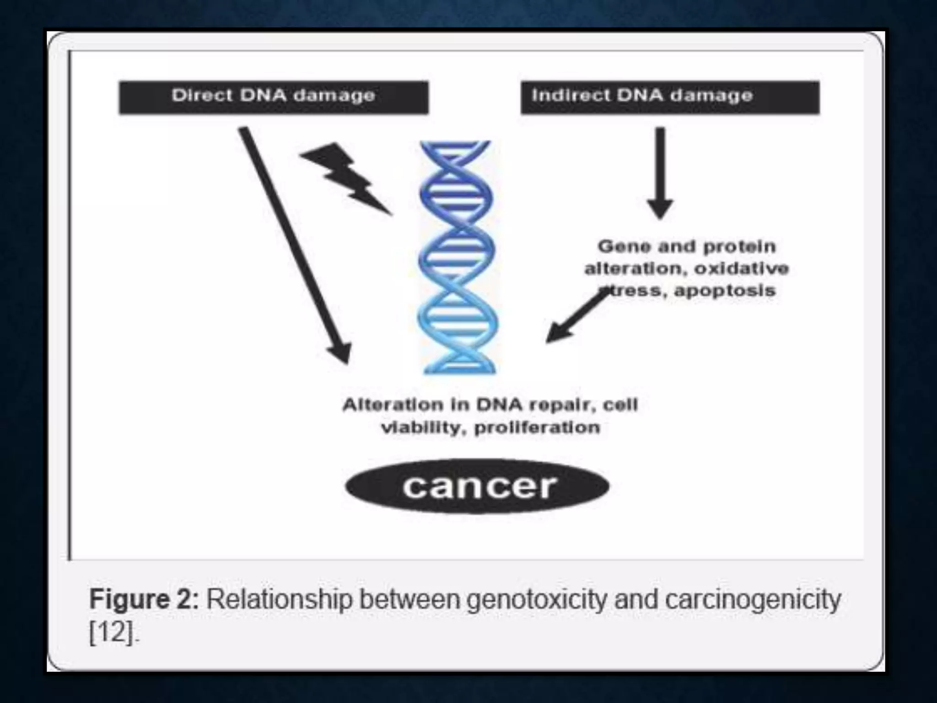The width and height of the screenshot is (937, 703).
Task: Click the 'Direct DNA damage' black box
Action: point(274,97)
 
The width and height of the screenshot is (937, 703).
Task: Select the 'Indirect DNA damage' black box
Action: point(670,97)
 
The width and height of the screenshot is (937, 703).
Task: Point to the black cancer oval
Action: point(477,487)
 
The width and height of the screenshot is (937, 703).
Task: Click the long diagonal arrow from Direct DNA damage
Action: point(293,243)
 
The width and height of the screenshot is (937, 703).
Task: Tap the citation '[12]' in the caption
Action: point(112,633)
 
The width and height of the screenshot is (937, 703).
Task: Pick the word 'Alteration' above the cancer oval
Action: point(393,405)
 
